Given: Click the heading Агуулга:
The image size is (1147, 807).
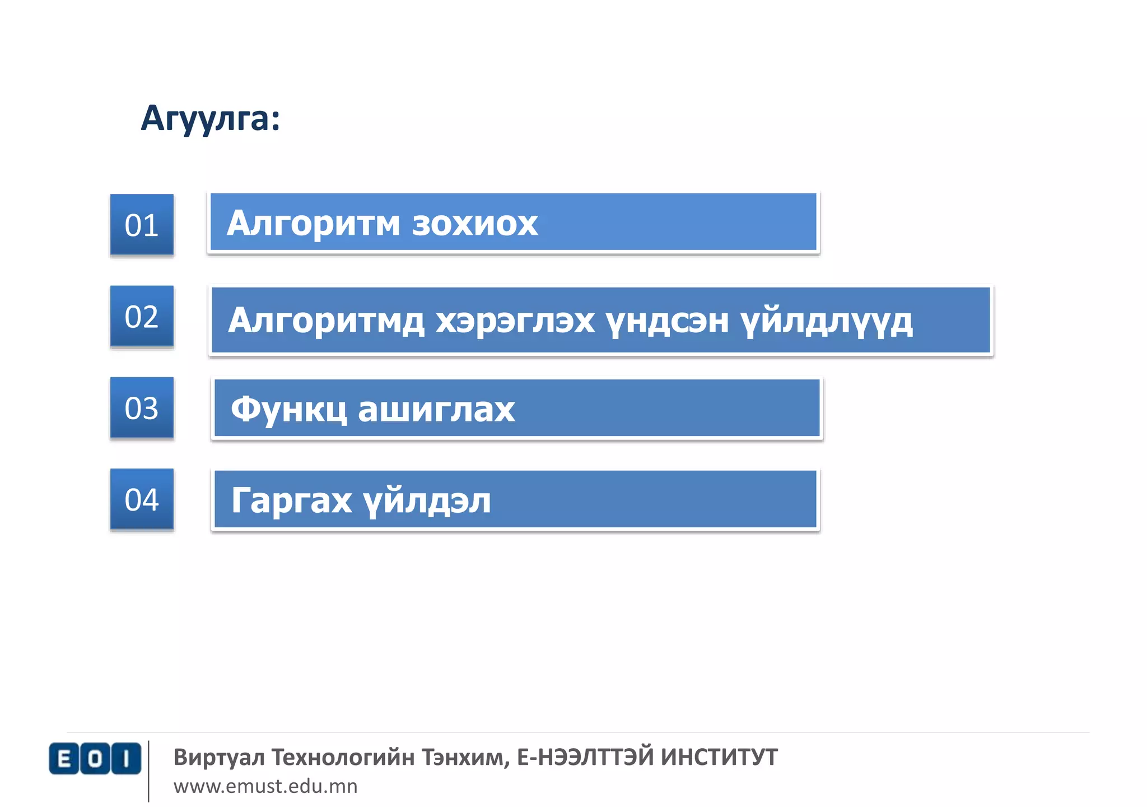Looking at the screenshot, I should point(210,118).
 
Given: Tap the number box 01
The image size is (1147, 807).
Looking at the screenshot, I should point(142,225).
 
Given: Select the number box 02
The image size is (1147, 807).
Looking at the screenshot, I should point(142,317).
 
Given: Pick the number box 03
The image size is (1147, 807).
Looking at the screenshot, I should point(142,408).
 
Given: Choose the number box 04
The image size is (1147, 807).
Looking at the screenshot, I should point(142,499).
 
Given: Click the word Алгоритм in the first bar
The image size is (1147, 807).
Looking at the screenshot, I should point(313,223).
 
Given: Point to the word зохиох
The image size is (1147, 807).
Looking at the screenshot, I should point(475,223).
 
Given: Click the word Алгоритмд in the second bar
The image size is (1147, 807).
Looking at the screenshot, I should point(326,321).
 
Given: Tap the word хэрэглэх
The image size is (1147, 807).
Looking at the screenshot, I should point(515,321).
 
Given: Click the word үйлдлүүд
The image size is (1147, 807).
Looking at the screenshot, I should point(827,321).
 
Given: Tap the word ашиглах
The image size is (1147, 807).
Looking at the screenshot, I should point(436,409).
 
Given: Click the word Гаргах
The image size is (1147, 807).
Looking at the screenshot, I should point(292,500).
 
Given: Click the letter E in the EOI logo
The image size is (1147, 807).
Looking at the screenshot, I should point(64,759).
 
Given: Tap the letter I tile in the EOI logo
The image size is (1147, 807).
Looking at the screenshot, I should point(126,759).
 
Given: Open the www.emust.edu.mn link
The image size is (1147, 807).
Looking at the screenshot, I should point(265,786).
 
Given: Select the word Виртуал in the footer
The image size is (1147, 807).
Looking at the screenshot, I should point(219,757).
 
